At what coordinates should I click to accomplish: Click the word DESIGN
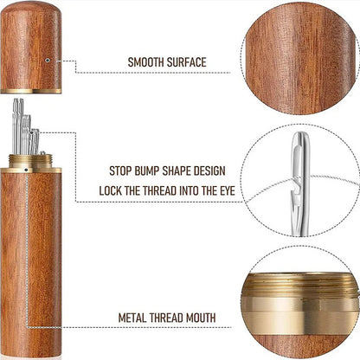(x=209, y=170)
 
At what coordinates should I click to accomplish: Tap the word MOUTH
(x=201, y=318)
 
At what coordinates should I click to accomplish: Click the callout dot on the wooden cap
(x=48, y=61)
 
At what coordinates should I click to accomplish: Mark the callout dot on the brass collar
(x=27, y=170)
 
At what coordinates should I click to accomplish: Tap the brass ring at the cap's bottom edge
(x=30, y=91)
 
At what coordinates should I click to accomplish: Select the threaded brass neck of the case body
(x=30, y=161)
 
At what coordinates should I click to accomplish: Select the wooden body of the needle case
(x=30, y=264)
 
